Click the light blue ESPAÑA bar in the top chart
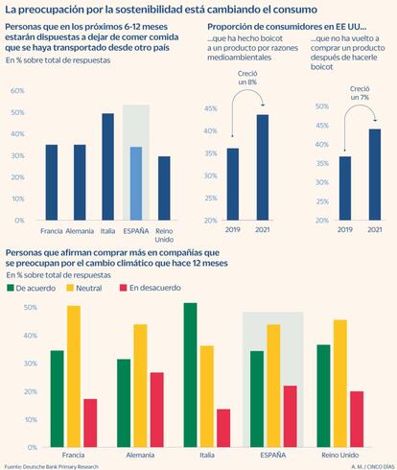[x=136, y=183]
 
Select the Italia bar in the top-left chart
[x=108, y=167]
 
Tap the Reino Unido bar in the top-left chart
[x=164, y=188]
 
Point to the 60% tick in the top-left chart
[x=17, y=90]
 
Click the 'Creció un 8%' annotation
[x=247, y=78]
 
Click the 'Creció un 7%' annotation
[x=360, y=93]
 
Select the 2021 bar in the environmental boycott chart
[x=263, y=167]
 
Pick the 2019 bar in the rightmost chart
[x=345, y=188]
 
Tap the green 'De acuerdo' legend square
[x=11, y=288]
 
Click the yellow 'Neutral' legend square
[x=70, y=288]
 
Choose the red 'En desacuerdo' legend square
[x=124, y=288]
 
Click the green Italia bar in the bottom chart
[x=191, y=375]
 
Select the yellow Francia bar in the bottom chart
[x=74, y=376]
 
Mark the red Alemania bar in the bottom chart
[x=157, y=410]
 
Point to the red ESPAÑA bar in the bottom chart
[x=291, y=416]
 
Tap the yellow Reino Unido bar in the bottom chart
[x=340, y=384]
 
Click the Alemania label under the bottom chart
[x=140, y=455]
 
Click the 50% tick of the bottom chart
[x=31, y=308]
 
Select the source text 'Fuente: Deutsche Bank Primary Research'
[x=52, y=467]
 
